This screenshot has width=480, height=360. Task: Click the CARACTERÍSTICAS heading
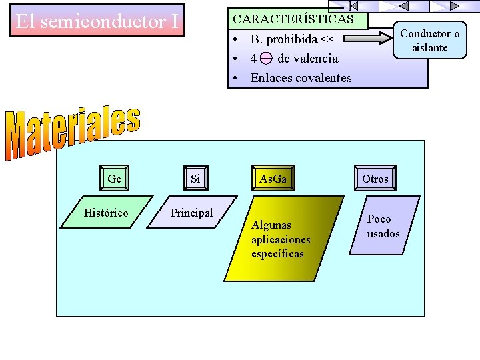click(x=293, y=19)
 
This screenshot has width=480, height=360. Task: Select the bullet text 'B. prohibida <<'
click(x=293, y=39)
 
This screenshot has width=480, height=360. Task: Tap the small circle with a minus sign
click(x=266, y=59)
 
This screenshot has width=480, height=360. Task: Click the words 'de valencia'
click(x=308, y=59)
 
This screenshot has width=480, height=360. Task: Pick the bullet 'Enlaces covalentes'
click(x=301, y=78)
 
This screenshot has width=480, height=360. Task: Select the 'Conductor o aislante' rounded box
click(x=430, y=40)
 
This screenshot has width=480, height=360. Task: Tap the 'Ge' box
click(x=114, y=179)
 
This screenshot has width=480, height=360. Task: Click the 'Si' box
click(x=195, y=179)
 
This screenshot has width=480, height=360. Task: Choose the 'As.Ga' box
click(x=273, y=179)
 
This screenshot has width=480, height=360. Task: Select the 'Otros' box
click(x=375, y=179)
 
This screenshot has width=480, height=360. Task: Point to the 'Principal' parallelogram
click(x=191, y=213)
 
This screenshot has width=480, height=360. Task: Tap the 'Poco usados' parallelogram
click(x=383, y=227)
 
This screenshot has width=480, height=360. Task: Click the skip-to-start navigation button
click(x=353, y=5)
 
